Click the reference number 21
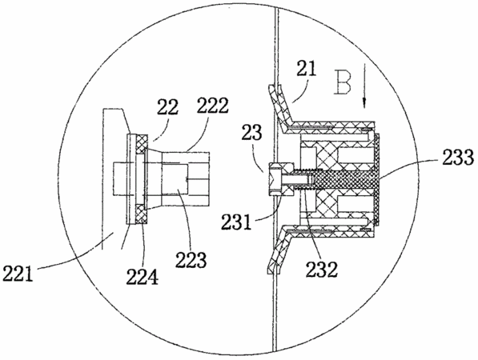click(x=307, y=68)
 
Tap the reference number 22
click(x=167, y=107)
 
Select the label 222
click(x=212, y=106)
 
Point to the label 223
click(x=191, y=260)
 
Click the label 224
click(x=143, y=277)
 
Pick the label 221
click(x=18, y=273)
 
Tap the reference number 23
click(x=251, y=133)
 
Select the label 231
click(x=237, y=222)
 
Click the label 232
click(x=322, y=270)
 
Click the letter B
click(x=343, y=82)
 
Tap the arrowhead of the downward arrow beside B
click(x=364, y=102)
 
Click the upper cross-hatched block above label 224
click(x=142, y=144)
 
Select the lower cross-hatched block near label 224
click(x=142, y=214)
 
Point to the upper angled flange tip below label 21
click(x=275, y=91)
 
